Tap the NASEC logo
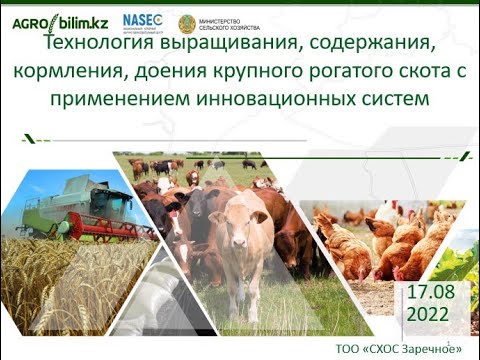click(142, 21)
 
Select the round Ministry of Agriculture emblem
click(187, 23)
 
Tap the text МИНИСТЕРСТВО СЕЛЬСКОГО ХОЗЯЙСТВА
click(228, 23)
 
